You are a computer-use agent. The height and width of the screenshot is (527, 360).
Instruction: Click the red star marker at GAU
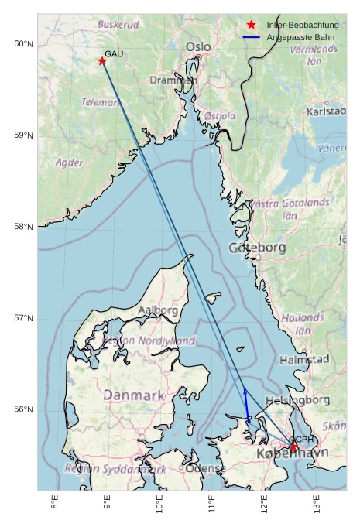(x=102, y=61)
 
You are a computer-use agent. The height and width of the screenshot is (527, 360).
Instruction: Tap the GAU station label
(x=114, y=53)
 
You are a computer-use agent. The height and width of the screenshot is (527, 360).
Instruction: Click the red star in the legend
(x=251, y=26)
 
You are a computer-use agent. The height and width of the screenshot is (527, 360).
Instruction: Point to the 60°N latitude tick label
(x=24, y=44)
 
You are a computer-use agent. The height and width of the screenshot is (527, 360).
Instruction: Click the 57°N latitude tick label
(x=24, y=318)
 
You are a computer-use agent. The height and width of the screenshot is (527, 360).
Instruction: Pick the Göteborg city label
(x=258, y=248)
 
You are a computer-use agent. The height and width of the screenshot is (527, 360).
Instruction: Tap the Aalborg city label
(x=158, y=310)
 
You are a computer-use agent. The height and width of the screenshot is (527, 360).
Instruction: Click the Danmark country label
(x=134, y=395)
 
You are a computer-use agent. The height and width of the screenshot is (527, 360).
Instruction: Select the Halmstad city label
(x=304, y=360)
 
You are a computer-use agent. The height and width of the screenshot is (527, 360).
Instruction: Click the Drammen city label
(x=173, y=80)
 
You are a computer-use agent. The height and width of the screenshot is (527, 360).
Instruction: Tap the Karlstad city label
(x=326, y=111)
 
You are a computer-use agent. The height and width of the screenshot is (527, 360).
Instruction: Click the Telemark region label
(x=101, y=102)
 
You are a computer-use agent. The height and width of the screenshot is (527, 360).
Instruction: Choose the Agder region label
(x=70, y=163)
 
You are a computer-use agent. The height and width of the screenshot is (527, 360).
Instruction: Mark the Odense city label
(x=206, y=469)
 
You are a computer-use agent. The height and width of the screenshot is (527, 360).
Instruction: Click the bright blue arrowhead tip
(x=245, y=388)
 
